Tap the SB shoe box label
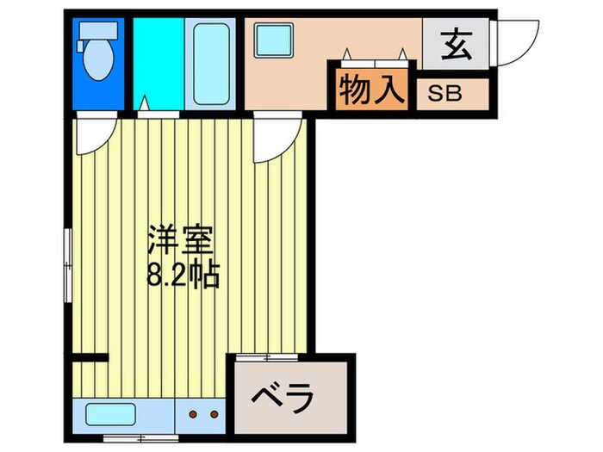pyautogui.click(x=452, y=91)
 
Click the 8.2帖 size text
pyautogui.click(x=182, y=276)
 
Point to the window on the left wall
pyautogui.click(x=68, y=258)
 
